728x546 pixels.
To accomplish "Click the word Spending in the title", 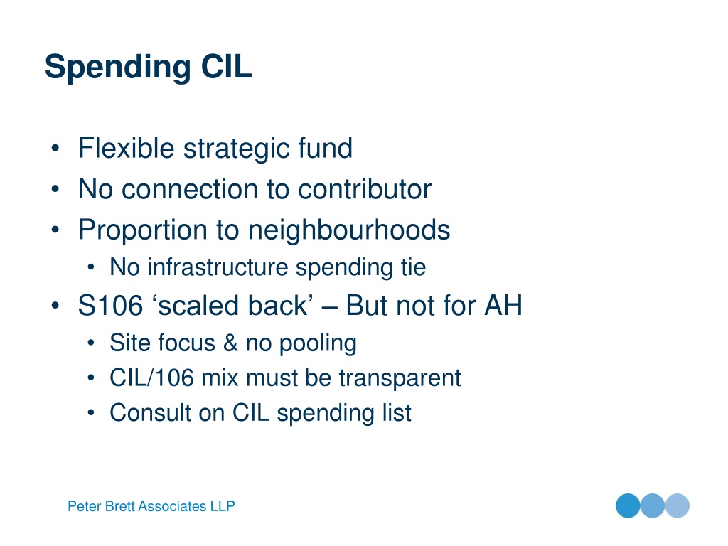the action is click(x=118, y=68).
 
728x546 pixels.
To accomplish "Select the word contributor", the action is click(x=365, y=189).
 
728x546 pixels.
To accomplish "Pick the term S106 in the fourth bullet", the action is click(x=110, y=306).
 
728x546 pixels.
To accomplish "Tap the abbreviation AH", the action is click(x=503, y=306).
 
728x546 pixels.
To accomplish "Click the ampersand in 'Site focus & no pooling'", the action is click(x=230, y=343).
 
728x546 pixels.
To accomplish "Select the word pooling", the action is click(x=318, y=344).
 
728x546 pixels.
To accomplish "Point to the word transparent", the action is click(x=400, y=378).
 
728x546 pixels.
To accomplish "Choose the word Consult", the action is click(x=151, y=412).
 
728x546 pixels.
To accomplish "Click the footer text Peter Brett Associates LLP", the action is click(x=151, y=506).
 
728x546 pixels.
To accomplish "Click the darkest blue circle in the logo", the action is click(x=628, y=505).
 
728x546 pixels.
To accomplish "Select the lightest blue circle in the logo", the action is click(x=678, y=505).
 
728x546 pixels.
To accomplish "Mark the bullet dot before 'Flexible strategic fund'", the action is click(x=55, y=149).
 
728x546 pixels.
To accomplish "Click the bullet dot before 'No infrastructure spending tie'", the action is click(x=91, y=267).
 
